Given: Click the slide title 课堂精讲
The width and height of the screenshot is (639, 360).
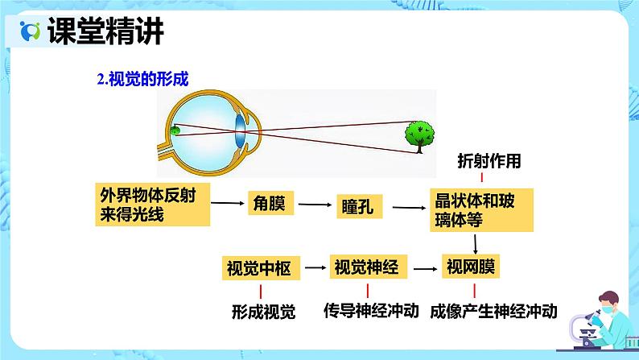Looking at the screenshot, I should point(105,31).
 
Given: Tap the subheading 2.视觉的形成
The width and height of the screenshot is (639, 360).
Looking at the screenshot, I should point(143,79).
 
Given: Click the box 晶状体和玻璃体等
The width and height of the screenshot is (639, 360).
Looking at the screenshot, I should point(480,209).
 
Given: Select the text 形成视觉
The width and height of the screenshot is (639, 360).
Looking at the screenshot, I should point(263,312).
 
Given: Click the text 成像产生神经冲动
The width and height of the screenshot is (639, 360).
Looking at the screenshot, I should point(493,311).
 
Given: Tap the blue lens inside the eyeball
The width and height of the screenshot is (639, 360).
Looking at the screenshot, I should point(241,130).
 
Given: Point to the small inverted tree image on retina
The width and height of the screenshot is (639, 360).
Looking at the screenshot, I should point(175,130).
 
